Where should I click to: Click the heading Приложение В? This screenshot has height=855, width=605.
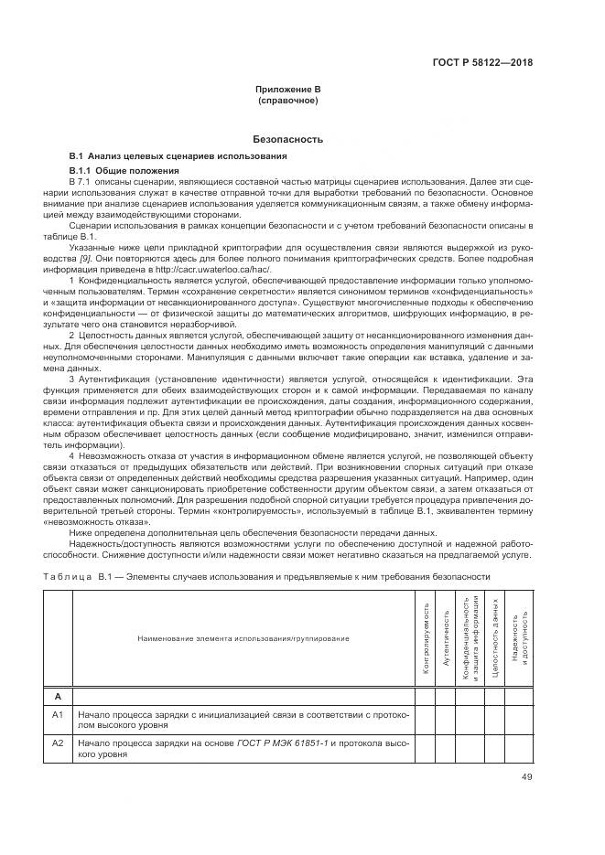(288, 90)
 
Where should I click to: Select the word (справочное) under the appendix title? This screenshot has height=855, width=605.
(288, 100)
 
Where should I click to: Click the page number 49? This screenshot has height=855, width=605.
(526, 777)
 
